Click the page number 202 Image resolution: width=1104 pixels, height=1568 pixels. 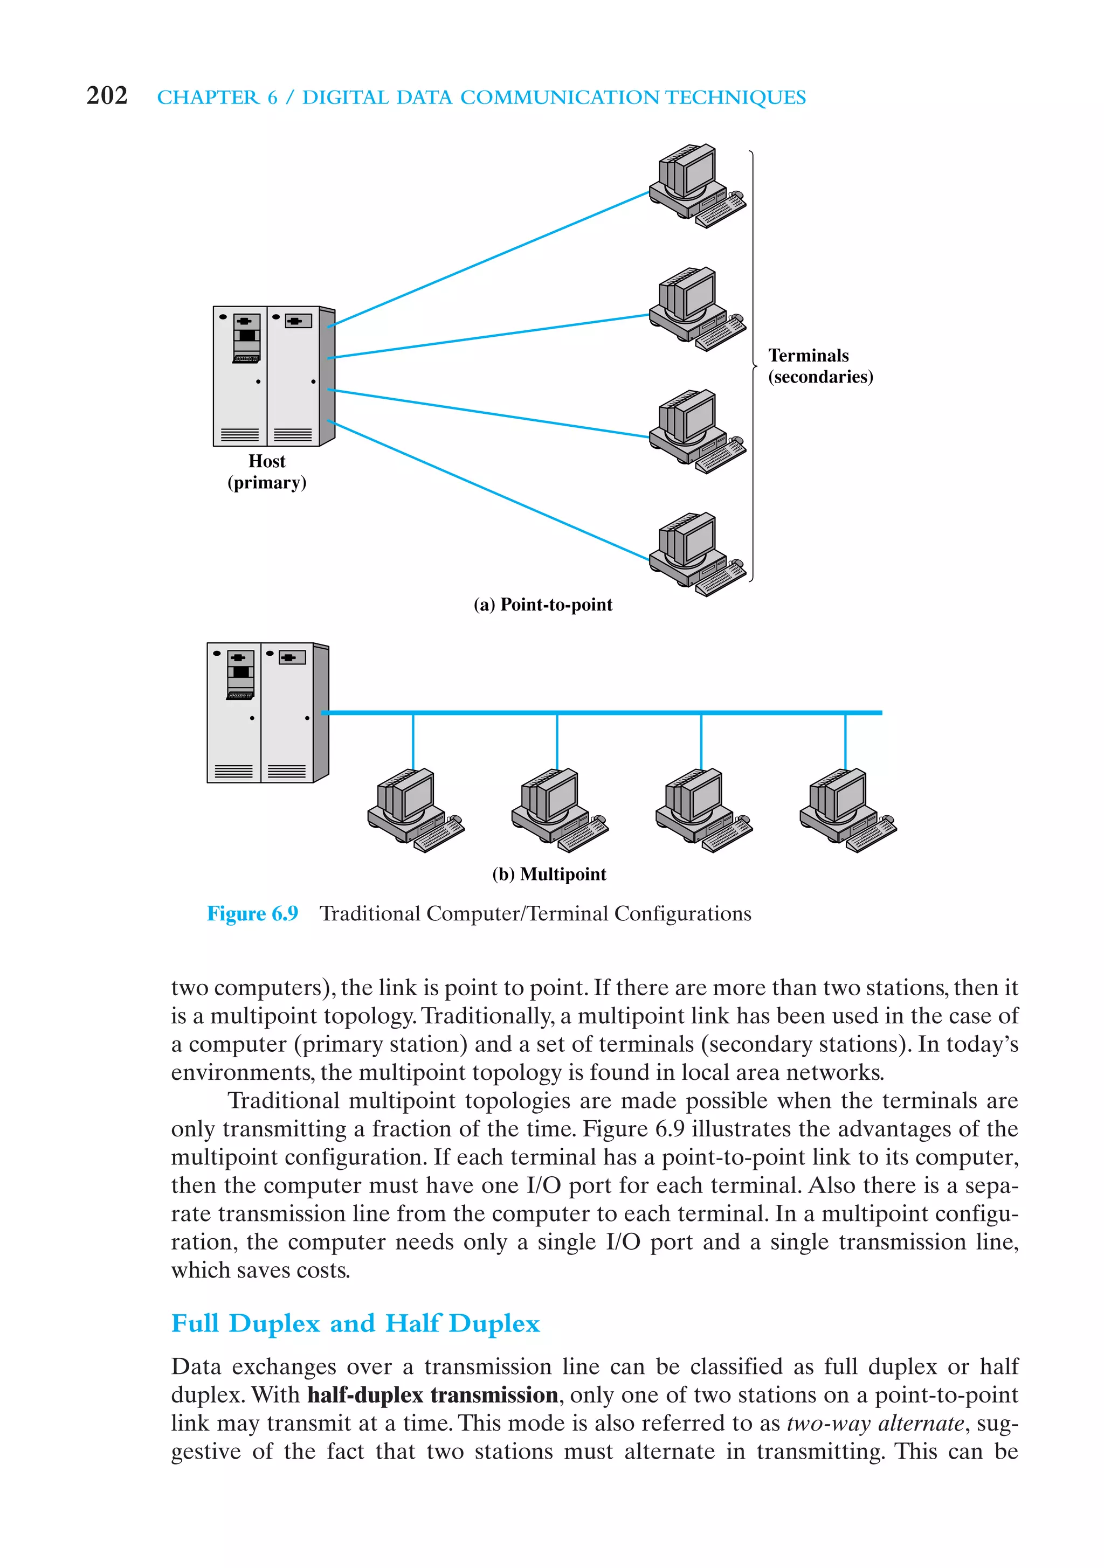click(107, 95)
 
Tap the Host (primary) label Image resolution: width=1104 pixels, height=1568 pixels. click(266, 472)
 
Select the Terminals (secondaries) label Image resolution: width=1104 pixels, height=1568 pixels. click(820, 366)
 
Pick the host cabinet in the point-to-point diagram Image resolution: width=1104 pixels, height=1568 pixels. click(273, 376)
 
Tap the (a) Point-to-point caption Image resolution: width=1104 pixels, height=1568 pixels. click(543, 605)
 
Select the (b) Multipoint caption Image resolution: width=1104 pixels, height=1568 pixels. click(549, 874)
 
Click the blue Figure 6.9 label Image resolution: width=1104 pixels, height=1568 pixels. click(252, 914)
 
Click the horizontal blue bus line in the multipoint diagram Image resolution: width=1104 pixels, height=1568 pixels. click(615, 712)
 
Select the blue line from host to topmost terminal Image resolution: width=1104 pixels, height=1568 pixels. click(492, 258)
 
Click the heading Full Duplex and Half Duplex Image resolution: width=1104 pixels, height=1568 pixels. click(355, 1323)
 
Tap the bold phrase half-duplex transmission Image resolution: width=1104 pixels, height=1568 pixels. click(432, 1394)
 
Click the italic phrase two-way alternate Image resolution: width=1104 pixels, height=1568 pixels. click(875, 1423)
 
